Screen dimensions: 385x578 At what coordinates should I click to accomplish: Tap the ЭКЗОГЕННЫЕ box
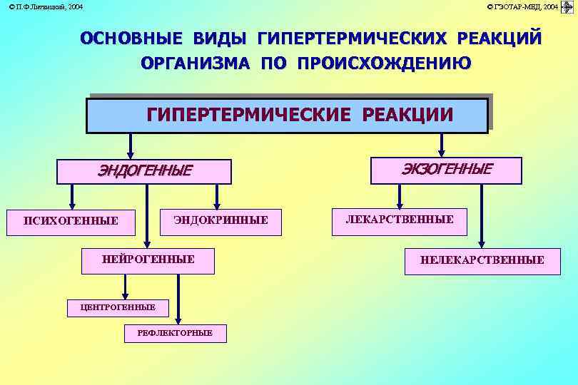point(447,170)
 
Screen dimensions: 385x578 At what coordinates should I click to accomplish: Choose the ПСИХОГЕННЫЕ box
point(71,220)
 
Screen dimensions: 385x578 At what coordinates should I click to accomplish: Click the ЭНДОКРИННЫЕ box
point(221,220)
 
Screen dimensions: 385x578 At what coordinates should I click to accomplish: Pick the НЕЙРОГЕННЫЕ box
point(148,260)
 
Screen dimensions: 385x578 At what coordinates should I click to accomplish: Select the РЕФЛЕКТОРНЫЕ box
point(175,333)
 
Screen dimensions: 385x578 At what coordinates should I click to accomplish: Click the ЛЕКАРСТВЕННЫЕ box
point(400,220)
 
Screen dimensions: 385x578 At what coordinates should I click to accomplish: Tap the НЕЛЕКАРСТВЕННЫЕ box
point(482,260)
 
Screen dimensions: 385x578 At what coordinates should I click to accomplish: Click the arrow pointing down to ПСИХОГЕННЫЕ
point(71,196)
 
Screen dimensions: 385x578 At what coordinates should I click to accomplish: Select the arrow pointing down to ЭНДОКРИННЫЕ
point(217,196)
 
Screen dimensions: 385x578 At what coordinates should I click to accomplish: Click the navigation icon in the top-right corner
point(567,7)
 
